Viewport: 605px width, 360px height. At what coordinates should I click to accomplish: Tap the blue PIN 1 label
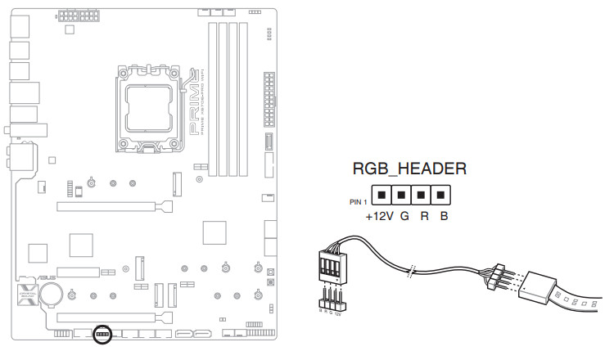359,200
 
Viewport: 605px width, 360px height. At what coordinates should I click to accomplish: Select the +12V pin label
380,218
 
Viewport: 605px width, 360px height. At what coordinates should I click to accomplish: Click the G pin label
404,218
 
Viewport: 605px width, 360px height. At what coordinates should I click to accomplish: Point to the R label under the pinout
424,218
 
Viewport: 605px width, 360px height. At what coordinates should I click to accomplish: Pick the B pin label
443,218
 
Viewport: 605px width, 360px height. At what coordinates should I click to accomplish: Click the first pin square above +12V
381,196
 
